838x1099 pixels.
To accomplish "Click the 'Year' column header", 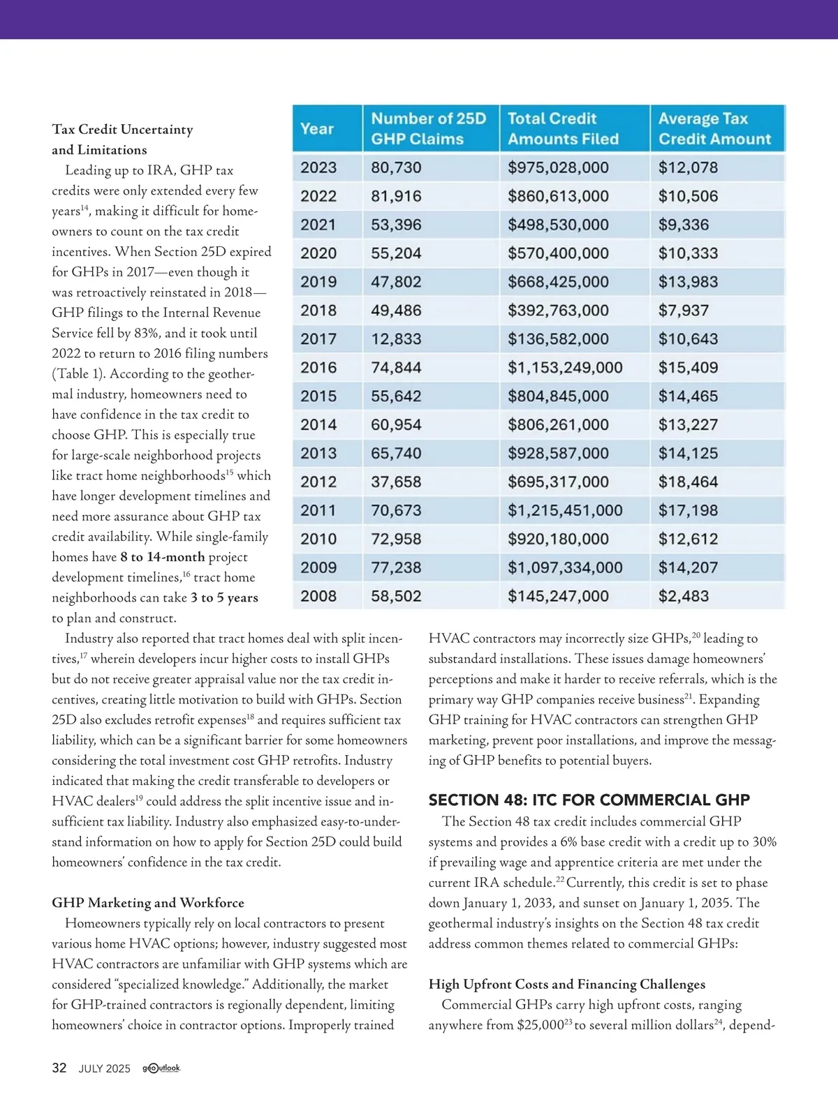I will (317, 128).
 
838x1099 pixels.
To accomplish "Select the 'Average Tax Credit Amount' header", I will (714, 128).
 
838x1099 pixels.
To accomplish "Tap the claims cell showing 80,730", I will (396, 167).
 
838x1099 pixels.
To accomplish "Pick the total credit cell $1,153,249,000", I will (564, 368).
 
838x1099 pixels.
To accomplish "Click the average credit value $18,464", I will (688, 482).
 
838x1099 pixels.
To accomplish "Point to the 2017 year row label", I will (318, 339).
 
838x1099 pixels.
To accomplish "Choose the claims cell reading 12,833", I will (396, 339).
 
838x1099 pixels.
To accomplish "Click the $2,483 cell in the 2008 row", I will (683, 597).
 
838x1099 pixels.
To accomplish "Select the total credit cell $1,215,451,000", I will (564, 511).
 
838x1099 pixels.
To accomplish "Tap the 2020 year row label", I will (318, 253).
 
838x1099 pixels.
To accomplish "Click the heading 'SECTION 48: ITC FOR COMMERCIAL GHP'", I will (589, 800).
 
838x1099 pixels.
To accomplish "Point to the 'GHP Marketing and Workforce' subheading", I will (148, 903).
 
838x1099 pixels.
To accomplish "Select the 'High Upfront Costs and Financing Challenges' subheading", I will (566, 985).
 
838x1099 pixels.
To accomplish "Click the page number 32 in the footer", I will (59, 1068).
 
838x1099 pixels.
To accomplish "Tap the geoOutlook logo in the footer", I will (161, 1068).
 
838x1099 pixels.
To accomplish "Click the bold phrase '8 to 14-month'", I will (162, 557).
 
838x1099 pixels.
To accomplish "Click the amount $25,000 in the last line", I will (539, 1025).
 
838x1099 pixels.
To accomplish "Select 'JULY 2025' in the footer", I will (104, 1068).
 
